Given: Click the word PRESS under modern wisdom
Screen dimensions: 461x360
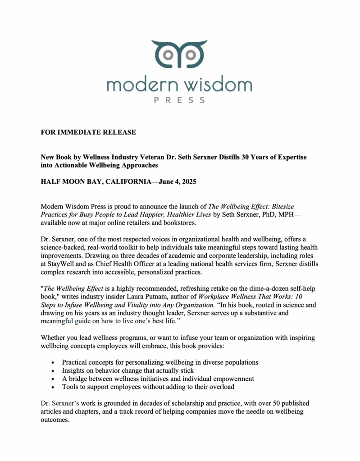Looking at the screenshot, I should point(179,100).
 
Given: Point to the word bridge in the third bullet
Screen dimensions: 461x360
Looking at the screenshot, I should point(78,379).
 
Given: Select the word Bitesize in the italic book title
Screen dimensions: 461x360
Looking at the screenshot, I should point(278,206).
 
